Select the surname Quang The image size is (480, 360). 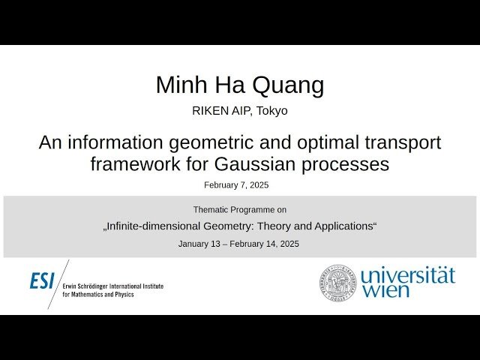click(x=290, y=86)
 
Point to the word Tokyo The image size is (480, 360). click(x=271, y=111)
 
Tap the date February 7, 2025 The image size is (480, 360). click(x=236, y=184)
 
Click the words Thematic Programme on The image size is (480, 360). click(x=239, y=210)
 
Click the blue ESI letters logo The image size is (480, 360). click(x=42, y=280)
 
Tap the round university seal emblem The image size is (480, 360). click(x=338, y=281)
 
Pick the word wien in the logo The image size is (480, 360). click(x=385, y=290)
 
